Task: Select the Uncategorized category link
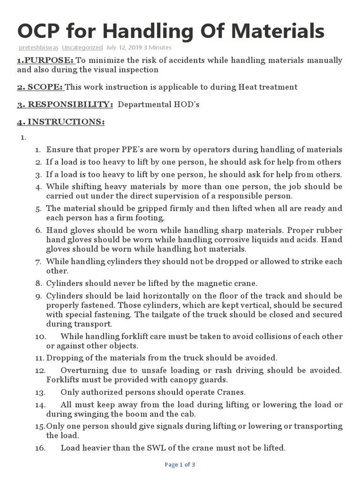click(x=82, y=47)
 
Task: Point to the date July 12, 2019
click(x=124, y=47)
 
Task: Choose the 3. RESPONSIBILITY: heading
click(x=65, y=104)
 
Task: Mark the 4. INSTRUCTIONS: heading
click(x=60, y=122)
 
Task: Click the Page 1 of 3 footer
click(x=180, y=465)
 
